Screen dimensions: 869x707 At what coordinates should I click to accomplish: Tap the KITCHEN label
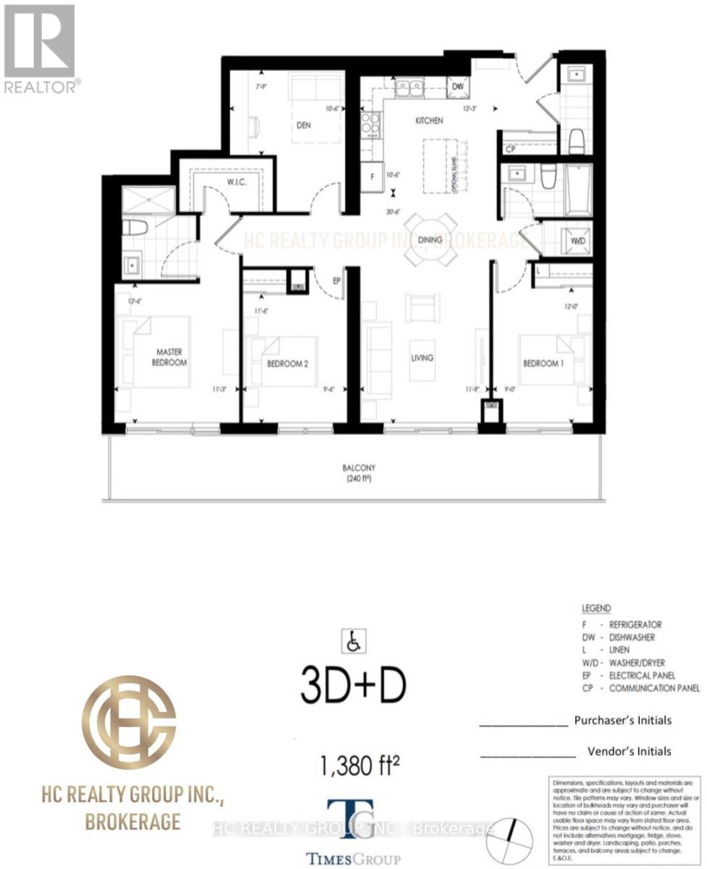click(429, 121)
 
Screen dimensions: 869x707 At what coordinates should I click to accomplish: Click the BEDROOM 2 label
click(288, 364)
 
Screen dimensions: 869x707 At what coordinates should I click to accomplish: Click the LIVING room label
click(422, 358)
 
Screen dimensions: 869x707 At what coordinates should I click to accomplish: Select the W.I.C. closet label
click(237, 182)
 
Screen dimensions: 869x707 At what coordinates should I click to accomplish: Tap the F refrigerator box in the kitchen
click(372, 177)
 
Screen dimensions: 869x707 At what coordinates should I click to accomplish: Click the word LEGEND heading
click(596, 608)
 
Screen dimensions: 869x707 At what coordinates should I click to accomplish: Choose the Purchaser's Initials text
click(622, 720)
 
